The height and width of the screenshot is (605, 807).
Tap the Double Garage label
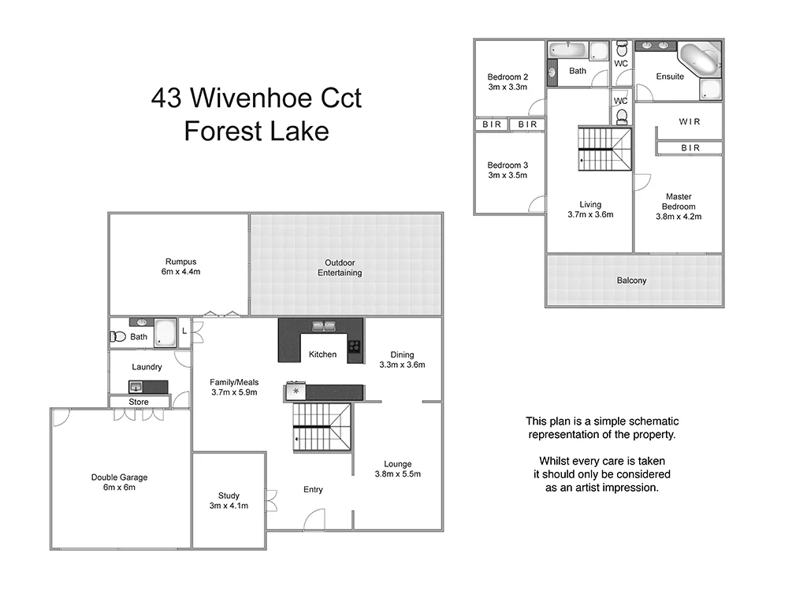(x=119, y=477)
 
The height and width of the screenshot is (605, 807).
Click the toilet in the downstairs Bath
(x=118, y=336)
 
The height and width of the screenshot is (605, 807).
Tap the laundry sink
(x=136, y=386)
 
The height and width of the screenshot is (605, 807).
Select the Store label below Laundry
(x=139, y=402)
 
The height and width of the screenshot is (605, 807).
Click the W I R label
(x=690, y=121)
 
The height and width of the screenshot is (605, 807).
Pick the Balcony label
(x=632, y=280)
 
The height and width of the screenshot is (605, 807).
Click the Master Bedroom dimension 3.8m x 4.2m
(x=679, y=217)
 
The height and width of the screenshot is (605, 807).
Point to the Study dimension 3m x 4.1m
(x=229, y=506)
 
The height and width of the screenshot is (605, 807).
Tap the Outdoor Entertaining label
(x=340, y=268)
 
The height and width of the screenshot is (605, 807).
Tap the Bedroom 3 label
(x=508, y=165)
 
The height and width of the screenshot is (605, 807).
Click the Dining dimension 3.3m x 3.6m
(x=402, y=365)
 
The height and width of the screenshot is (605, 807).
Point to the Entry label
(x=313, y=490)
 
